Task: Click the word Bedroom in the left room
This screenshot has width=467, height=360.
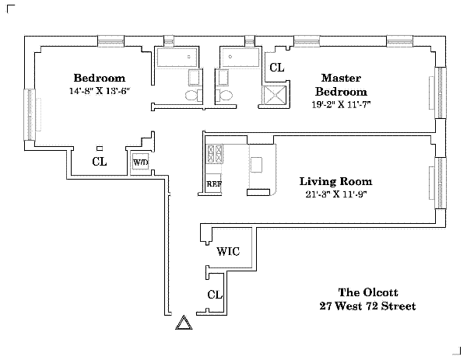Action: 99,78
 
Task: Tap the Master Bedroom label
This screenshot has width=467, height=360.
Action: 339,84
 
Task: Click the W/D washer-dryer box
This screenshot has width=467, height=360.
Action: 141,163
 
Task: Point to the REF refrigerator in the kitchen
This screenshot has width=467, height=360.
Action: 213,184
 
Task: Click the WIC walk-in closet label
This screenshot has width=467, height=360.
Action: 227,252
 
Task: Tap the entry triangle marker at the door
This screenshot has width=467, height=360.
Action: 184,323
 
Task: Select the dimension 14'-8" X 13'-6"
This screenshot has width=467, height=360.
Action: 99,90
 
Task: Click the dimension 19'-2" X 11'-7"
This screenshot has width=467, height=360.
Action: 339,104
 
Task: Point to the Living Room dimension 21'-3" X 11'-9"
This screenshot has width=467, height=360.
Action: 335,194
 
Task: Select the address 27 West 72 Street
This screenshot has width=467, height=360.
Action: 367,306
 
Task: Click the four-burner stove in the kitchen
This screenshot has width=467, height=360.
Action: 214,153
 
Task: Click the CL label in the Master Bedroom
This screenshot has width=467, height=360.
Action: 276,68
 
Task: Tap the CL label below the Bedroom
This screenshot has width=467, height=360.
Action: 99,162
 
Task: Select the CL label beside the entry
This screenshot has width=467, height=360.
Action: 215,295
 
